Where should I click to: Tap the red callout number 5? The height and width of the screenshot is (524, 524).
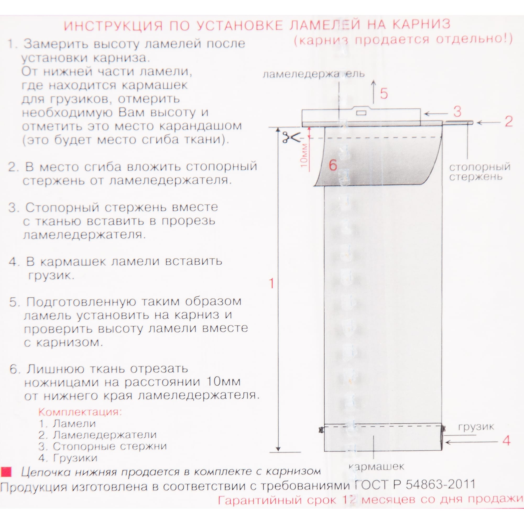[x=384, y=94]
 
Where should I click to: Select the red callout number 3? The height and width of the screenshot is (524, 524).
[x=457, y=112]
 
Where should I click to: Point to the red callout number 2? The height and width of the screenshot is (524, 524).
[x=509, y=122]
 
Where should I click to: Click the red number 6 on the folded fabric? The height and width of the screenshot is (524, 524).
[x=333, y=165]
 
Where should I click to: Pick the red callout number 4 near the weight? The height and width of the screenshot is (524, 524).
[x=506, y=440]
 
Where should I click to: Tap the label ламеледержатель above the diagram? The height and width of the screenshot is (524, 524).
[x=314, y=74]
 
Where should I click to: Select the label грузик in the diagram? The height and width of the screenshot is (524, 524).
[x=476, y=427]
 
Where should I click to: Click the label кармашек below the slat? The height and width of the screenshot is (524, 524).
[x=376, y=466]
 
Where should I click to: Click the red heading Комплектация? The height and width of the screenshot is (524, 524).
[x=80, y=412]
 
